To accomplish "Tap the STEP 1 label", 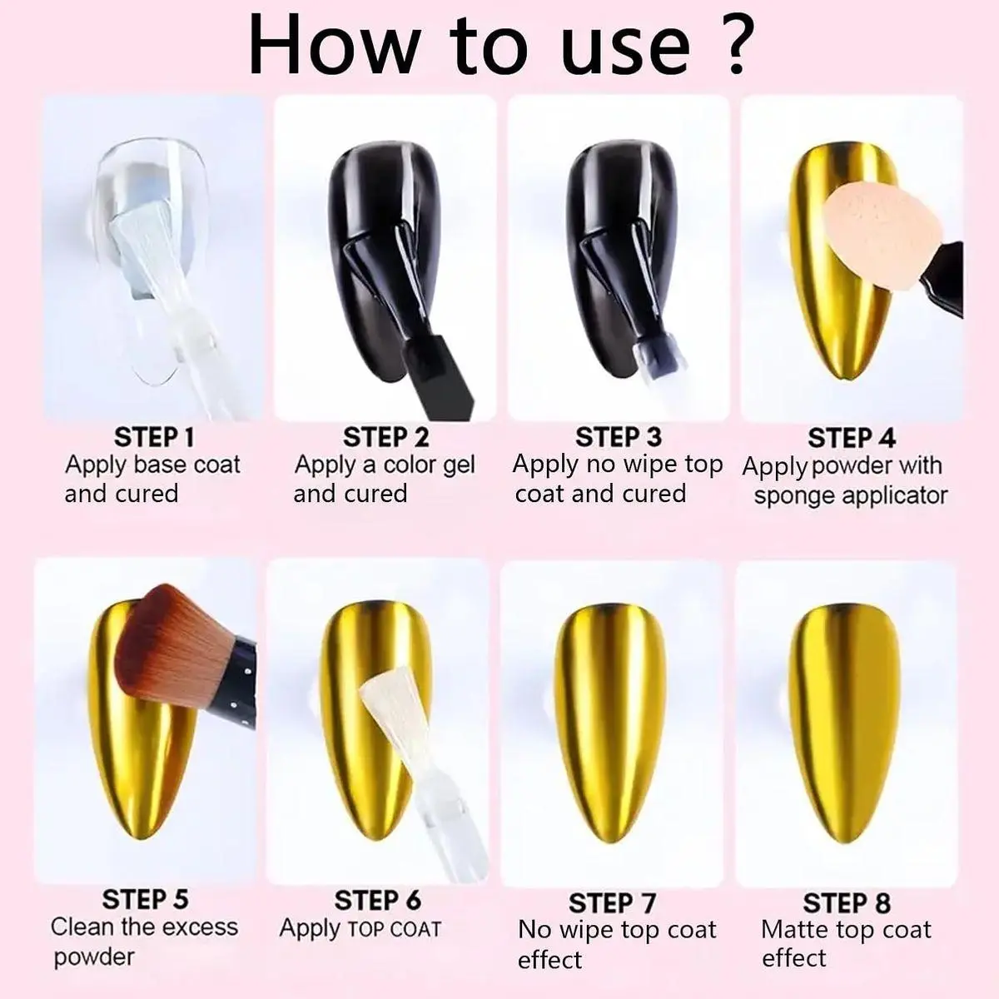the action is [154, 437].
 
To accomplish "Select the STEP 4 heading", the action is [852, 438].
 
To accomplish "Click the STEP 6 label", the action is [377, 900].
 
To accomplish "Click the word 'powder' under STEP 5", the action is [94, 957].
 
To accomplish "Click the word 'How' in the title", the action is [333, 46].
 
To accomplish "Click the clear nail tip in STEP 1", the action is [152, 233].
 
